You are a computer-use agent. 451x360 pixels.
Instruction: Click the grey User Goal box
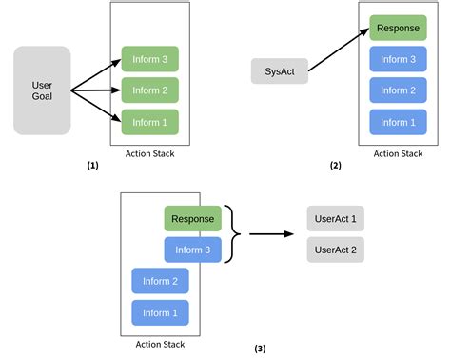[x=42, y=90]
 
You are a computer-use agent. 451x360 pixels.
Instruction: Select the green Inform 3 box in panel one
[x=149, y=59]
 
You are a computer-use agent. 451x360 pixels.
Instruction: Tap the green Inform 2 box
[x=149, y=90]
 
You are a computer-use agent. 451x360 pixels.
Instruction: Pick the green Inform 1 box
[x=149, y=122]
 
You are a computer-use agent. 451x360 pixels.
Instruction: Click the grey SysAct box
[x=280, y=70]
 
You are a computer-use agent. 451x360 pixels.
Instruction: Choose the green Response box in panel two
[x=398, y=29]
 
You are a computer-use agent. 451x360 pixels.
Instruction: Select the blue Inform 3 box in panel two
[x=398, y=59]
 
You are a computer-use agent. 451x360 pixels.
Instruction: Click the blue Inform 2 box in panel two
[x=398, y=90]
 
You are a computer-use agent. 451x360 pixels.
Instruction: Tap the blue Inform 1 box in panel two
[x=398, y=122]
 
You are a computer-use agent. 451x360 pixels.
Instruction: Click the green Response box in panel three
[x=193, y=219]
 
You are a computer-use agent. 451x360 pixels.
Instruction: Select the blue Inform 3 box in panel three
[x=193, y=250]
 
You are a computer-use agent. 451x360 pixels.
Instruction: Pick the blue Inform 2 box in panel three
[x=160, y=281]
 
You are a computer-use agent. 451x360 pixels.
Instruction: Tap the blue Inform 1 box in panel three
[x=160, y=312]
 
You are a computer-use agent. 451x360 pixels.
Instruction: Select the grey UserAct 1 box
[x=336, y=219]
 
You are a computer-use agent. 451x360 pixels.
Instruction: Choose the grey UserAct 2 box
[x=336, y=250]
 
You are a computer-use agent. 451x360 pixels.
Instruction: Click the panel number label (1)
[x=92, y=165]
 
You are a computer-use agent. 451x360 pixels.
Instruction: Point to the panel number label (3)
[x=260, y=349]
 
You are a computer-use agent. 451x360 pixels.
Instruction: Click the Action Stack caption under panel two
[x=398, y=153]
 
